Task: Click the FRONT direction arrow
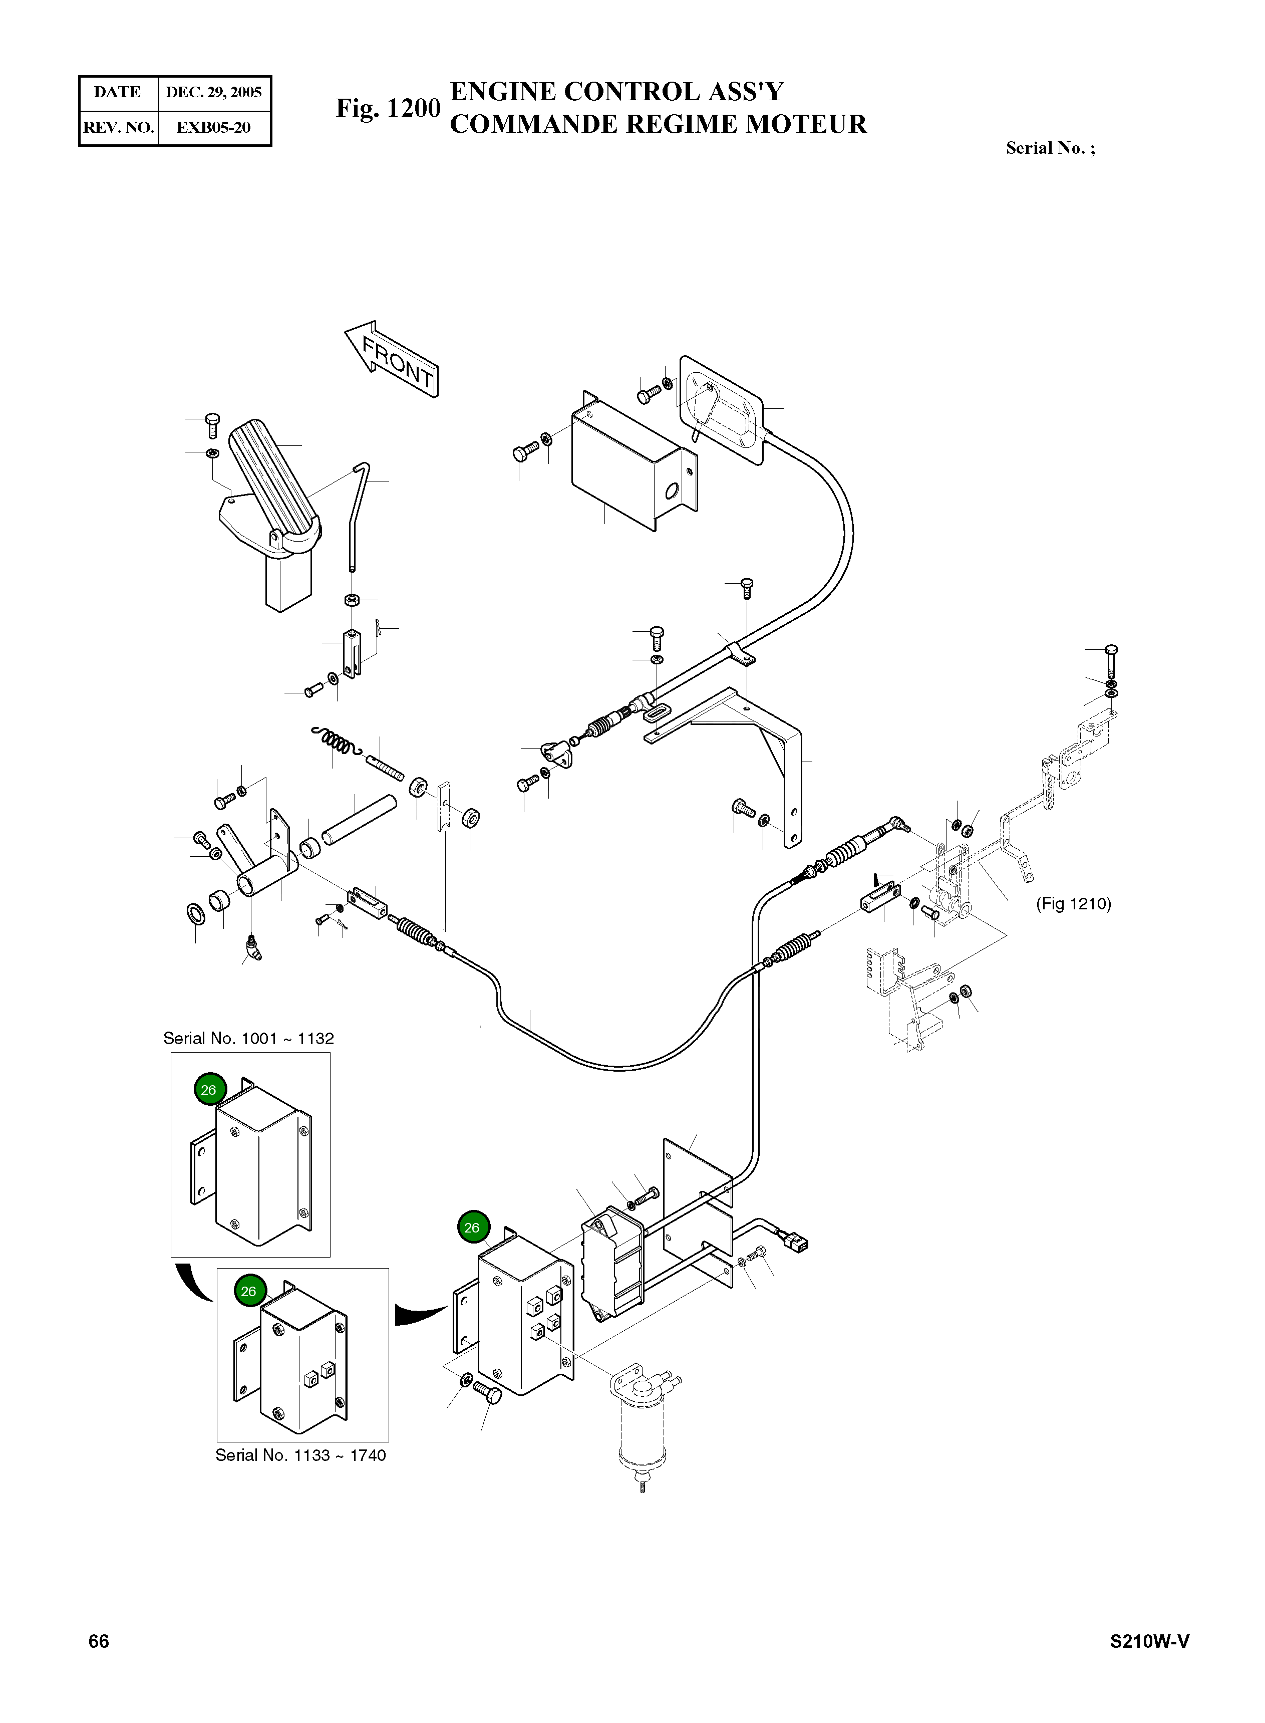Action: tap(393, 359)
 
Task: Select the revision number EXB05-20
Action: tap(214, 128)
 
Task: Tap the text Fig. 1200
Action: tap(388, 109)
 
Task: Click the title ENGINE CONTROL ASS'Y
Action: tap(616, 92)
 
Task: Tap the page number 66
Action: tap(99, 1641)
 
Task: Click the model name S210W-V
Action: tap(1149, 1641)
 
